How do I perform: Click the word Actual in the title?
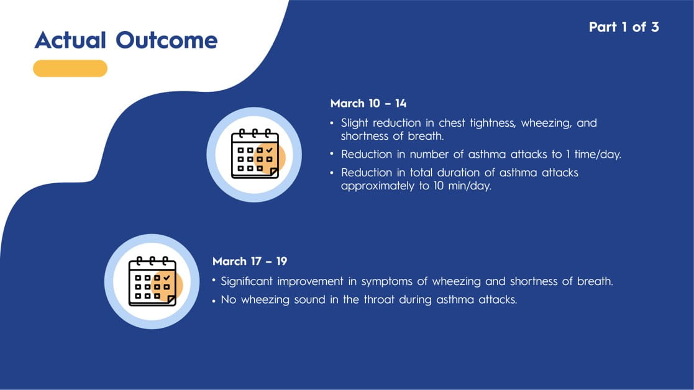click(x=70, y=40)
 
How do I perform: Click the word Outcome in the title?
click(x=167, y=40)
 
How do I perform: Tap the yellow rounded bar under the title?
click(x=70, y=68)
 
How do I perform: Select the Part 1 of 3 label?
click(x=624, y=27)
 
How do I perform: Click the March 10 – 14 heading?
click(x=368, y=104)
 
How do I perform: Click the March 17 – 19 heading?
click(x=250, y=261)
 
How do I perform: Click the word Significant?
click(x=247, y=281)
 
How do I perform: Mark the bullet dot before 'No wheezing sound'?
click(x=214, y=301)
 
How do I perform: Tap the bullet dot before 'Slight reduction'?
click(x=332, y=123)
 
